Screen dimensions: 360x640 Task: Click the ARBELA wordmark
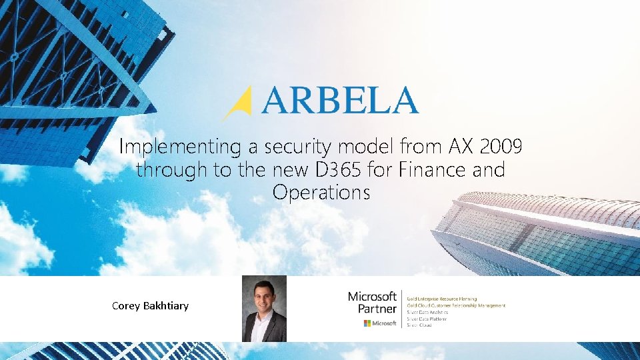(x=340, y=101)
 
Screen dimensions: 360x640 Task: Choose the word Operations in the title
(x=321, y=193)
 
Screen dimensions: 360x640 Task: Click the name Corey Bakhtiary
(x=150, y=306)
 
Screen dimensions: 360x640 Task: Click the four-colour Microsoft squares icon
(x=367, y=323)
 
